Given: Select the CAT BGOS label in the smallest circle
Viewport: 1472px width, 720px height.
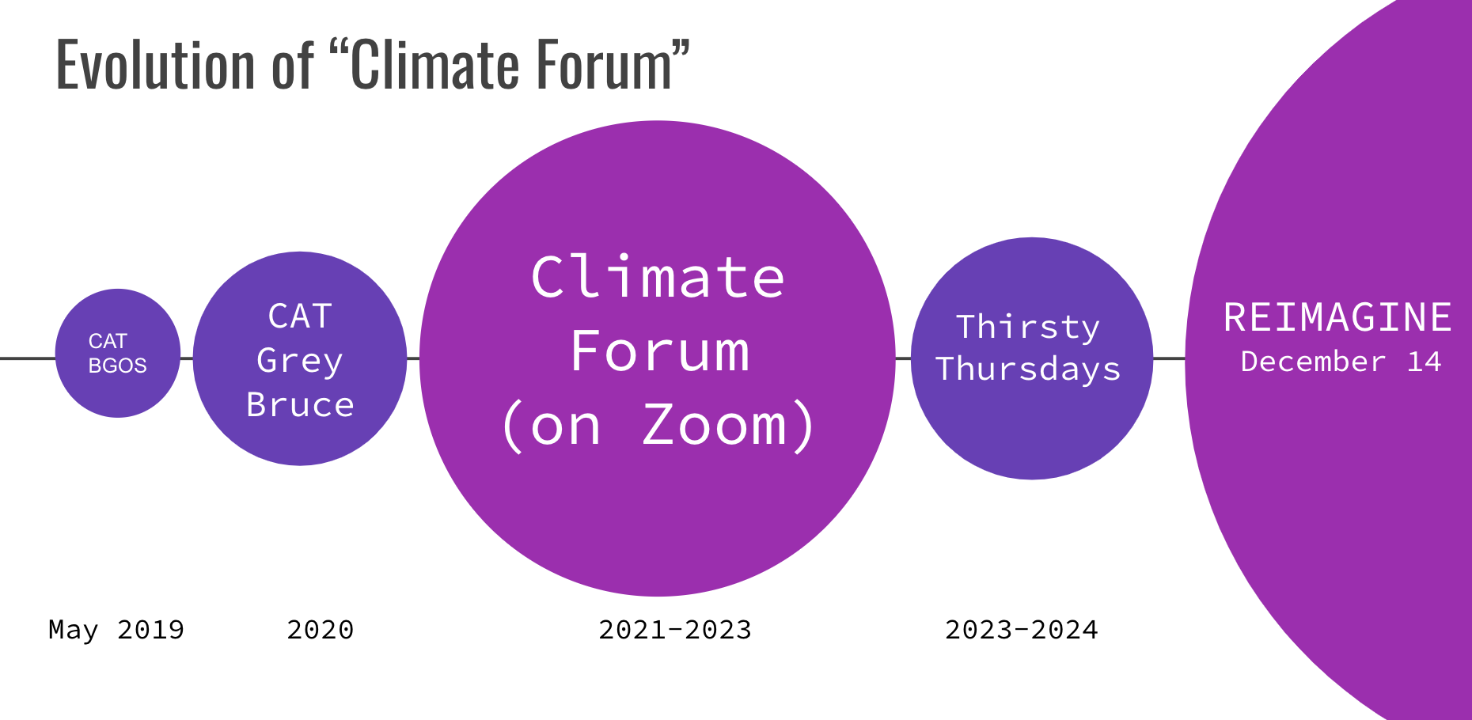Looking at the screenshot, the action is [117, 353].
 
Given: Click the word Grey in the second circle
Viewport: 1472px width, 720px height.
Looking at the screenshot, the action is [300, 362].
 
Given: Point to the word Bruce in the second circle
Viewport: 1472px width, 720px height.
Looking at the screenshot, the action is [300, 404].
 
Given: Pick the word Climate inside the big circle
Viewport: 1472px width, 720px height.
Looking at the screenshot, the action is [658, 277].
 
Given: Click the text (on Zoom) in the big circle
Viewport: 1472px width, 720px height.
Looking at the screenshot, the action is [658, 426].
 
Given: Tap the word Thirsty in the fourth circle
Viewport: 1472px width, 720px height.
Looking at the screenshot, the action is [1028, 328].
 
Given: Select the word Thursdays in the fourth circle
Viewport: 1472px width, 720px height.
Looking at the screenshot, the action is [1028, 369].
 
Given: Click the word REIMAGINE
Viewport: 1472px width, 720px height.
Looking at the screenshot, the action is [1337, 317].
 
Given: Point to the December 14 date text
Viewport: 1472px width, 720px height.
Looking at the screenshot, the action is [1341, 362].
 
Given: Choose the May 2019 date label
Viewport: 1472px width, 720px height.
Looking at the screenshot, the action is [116, 630].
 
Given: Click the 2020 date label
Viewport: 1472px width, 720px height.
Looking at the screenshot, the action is [321, 630].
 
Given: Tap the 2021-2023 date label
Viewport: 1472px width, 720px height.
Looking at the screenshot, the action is [675, 630].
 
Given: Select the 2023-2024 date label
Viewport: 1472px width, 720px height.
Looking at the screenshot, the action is [1022, 630].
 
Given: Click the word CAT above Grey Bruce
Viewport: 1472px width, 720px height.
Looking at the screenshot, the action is [300, 316].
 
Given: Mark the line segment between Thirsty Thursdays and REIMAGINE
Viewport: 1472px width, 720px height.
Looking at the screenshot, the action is [1169, 358].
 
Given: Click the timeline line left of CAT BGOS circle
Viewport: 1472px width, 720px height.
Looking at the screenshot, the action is [28, 358].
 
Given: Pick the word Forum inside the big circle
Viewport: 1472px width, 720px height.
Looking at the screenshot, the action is [659, 351].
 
